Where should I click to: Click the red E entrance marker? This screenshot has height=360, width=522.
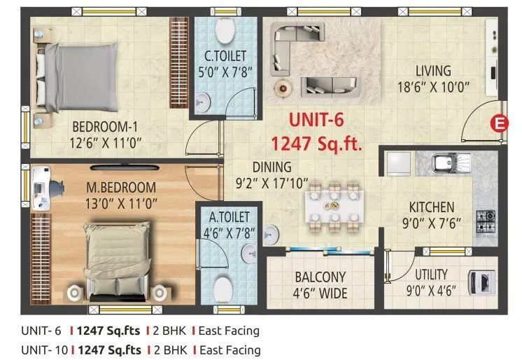tap(499, 123)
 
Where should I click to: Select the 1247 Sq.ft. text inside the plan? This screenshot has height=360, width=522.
tap(316, 144)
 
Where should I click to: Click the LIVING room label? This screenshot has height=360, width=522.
tap(433, 71)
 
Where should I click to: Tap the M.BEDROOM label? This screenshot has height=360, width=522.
tap(121, 188)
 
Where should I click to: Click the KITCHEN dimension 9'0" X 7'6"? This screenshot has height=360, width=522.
tap(431, 224)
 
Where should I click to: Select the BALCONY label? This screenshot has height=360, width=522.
tap(320, 277)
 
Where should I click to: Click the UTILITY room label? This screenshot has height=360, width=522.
tap(432, 275)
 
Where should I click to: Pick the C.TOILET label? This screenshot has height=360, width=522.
tap(225, 55)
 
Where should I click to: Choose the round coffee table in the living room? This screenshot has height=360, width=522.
tap(284, 86)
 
